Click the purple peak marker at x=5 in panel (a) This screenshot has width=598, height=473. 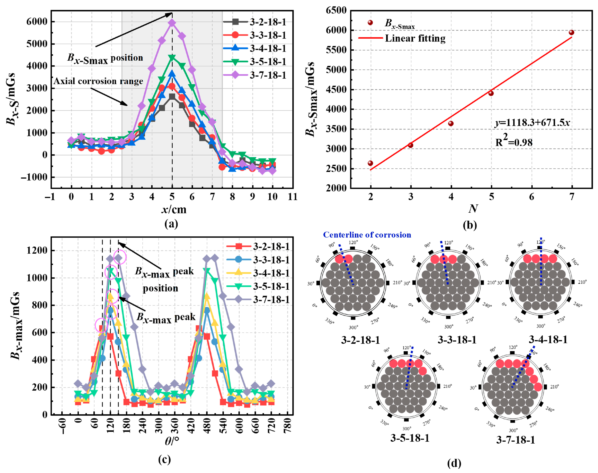[x=172, y=23]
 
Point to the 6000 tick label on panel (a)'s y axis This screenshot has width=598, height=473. [x=37, y=22]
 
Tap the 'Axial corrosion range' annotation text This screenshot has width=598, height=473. [x=98, y=81]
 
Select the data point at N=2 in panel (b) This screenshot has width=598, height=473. [x=370, y=163]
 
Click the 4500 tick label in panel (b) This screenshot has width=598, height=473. [x=336, y=90]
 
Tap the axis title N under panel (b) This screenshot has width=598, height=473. [x=473, y=208]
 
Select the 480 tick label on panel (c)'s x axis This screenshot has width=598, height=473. [x=207, y=425]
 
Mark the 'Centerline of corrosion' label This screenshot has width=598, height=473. [x=367, y=235]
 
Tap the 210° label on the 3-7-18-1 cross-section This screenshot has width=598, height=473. [x=554, y=387]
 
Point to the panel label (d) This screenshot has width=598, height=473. [x=454, y=463]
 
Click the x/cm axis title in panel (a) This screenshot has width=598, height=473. [x=174, y=209]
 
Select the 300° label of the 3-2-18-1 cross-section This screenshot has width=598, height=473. [x=353, y=327]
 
